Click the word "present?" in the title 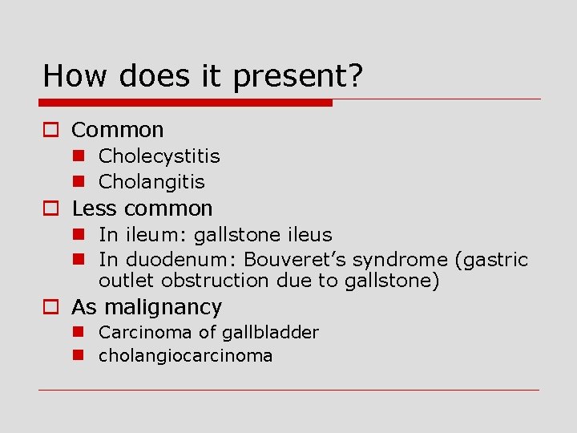(x=298, y=77)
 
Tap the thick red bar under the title (x=186, y=103)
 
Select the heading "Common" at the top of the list (x=117, y=130)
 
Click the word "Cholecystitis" (x=159, y=156)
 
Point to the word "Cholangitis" (x=151, y=182)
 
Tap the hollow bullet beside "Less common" (x=52, y=209)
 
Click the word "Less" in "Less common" (x=94, y=208)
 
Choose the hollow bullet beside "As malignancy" (x=52, y=307)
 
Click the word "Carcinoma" (x=140, y=332)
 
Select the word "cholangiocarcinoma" (x=185, y=355)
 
